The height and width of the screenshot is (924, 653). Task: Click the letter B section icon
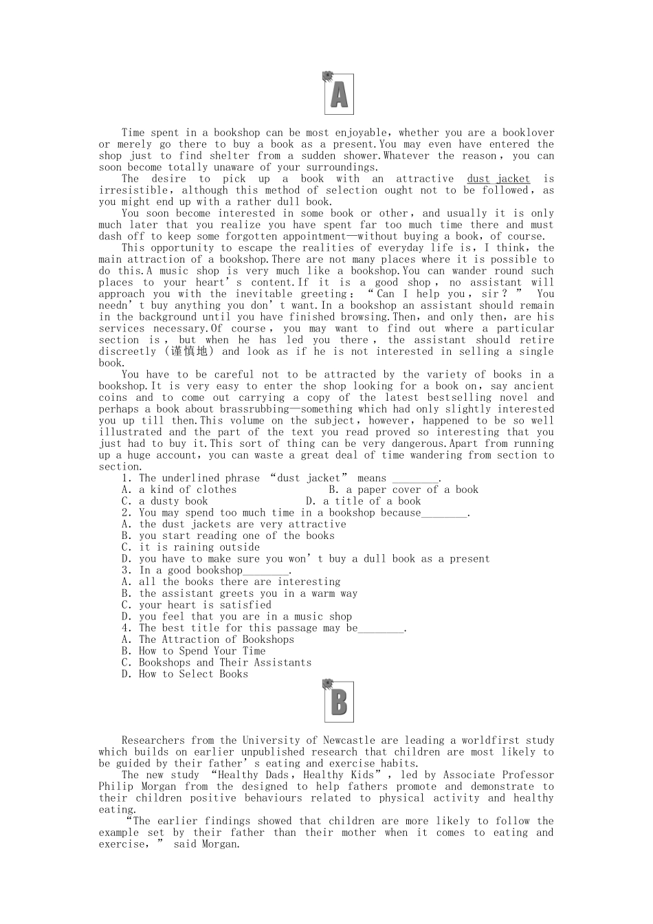tap(338, 701)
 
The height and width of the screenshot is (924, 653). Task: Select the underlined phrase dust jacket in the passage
tap(498, 179)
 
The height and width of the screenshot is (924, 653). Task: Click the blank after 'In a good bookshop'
tap(266, 571)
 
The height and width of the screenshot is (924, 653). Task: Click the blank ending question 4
tap(381, 628)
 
